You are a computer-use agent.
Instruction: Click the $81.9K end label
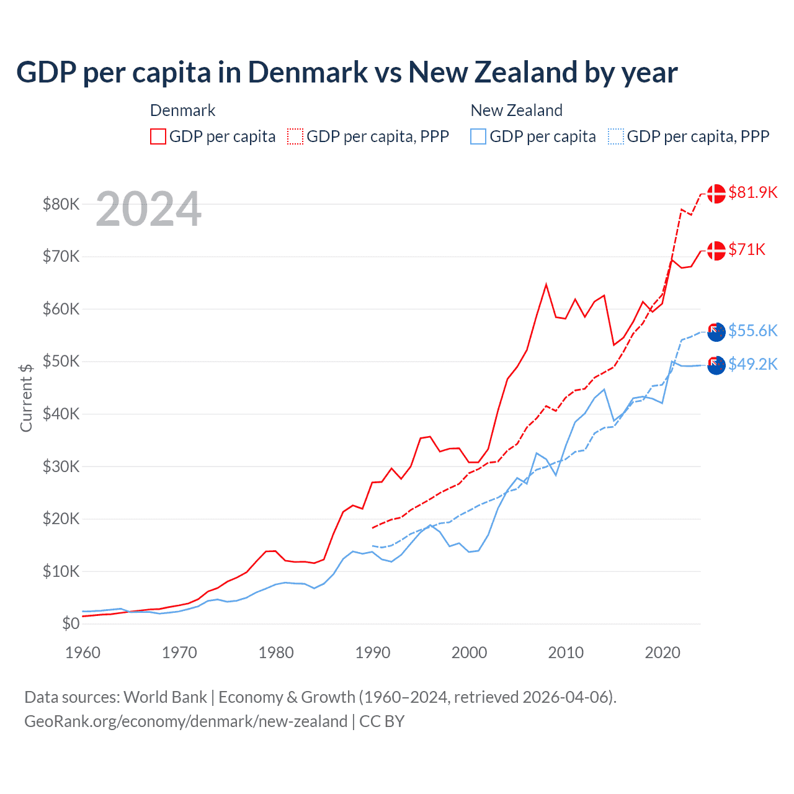coord(752,192)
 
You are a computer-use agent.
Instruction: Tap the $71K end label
coord(747,249)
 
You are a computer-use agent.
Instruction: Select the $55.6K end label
coord(752,331)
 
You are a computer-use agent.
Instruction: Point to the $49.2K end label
coord(752,364)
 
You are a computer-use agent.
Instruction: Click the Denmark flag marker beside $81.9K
coord(716,194)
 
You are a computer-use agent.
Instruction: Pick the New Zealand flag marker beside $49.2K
coord(716,365)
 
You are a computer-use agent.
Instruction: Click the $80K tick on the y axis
coord(61,204)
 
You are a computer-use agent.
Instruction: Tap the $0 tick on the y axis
coord(71,624)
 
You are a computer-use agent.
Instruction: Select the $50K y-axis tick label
coord(61,362)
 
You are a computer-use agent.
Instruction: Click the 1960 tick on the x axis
coord(83,653)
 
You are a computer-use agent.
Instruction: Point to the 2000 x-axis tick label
coord(470,653)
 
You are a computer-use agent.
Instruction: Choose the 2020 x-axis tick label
coord(662,653)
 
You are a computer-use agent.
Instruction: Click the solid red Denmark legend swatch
coord(158,136)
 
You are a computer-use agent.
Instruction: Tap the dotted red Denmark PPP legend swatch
coord(295,136)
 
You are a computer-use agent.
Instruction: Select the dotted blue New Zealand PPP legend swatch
coord(616,136)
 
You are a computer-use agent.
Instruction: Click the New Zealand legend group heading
coord(516,110)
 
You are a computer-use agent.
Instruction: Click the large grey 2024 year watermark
coord(148,210)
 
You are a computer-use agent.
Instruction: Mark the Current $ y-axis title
coord(26,398)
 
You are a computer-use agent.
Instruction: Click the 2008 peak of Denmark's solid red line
coord(546,285)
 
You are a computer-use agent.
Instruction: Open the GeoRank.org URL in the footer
coord(185,721)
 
